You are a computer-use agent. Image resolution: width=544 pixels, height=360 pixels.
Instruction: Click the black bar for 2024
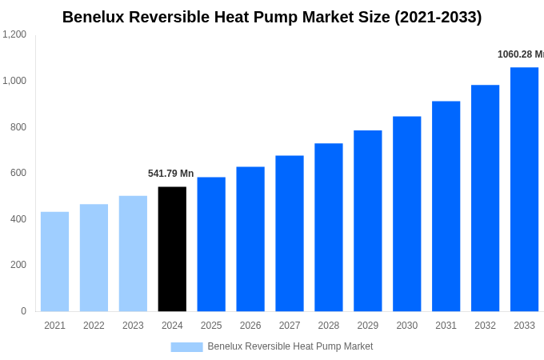(x=172, y=249)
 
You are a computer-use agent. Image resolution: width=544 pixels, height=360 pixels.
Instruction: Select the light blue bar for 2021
(x=54, y=262)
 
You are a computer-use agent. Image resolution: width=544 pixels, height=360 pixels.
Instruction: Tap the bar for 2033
(x=524, y=190)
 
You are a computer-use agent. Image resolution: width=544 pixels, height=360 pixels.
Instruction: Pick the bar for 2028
(x=328, y=227)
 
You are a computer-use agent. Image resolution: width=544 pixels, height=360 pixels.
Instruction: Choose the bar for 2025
(x=211, y=244)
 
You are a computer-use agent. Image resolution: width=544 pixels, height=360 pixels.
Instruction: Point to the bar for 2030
(x=406, y=214)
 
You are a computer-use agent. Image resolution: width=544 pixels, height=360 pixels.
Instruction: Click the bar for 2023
(x=133, y=254)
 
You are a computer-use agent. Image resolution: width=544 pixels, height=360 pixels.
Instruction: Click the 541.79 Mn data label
(x=170, y=174)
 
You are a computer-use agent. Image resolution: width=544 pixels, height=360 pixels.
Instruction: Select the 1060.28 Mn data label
(x=520, y=54)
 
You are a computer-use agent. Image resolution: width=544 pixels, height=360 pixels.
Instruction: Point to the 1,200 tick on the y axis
(x=14, y=34)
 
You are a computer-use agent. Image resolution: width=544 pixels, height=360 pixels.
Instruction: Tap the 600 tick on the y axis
(x=18, y=173)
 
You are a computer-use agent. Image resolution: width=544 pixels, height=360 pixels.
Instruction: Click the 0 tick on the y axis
(x=23, y=311)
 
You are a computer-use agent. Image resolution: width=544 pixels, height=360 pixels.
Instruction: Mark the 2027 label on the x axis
(x=290, y=326)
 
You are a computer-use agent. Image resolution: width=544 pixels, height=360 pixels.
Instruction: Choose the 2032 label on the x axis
(x=485, y=326)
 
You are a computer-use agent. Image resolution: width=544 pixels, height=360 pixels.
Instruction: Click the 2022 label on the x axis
(x=94, y=326)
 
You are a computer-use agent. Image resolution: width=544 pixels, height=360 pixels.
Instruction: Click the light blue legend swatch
(x=186, y=346)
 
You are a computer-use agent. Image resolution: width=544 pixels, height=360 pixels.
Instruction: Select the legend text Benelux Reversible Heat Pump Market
(x=290, y=346)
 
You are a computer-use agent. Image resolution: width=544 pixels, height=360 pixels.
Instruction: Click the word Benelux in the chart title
(x=94, y=17)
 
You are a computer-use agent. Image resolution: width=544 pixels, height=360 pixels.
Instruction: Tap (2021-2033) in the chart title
(x=438, y=17)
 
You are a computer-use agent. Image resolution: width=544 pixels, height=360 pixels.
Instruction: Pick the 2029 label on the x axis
(x=367, y=326)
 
